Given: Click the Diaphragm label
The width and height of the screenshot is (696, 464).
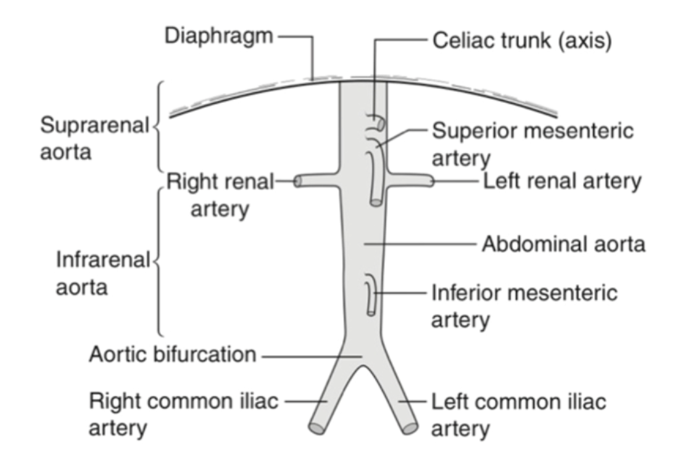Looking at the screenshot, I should click(219, 36).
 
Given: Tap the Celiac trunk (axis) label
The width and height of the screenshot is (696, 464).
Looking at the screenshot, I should click(522, 39).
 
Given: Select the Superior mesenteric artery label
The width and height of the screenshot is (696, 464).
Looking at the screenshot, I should click(532, 144).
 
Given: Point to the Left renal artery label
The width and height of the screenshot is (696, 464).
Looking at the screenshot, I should click(562, 181).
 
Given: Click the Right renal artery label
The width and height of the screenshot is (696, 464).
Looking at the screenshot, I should click(220, 195).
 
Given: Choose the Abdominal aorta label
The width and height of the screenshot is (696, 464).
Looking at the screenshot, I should click(563, 244).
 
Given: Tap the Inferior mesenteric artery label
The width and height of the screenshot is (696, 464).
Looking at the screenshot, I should click(524, 305).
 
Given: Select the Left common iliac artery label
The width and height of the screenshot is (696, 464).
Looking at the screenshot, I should click(518, 414).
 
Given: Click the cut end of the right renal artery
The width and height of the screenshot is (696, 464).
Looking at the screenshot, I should click(298, 181).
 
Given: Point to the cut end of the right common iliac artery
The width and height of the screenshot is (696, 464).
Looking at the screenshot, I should click(316, 427).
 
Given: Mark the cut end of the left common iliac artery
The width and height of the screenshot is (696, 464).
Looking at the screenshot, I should click(410, 427).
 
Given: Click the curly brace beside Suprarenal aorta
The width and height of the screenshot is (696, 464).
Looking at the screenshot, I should click(158, 125).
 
